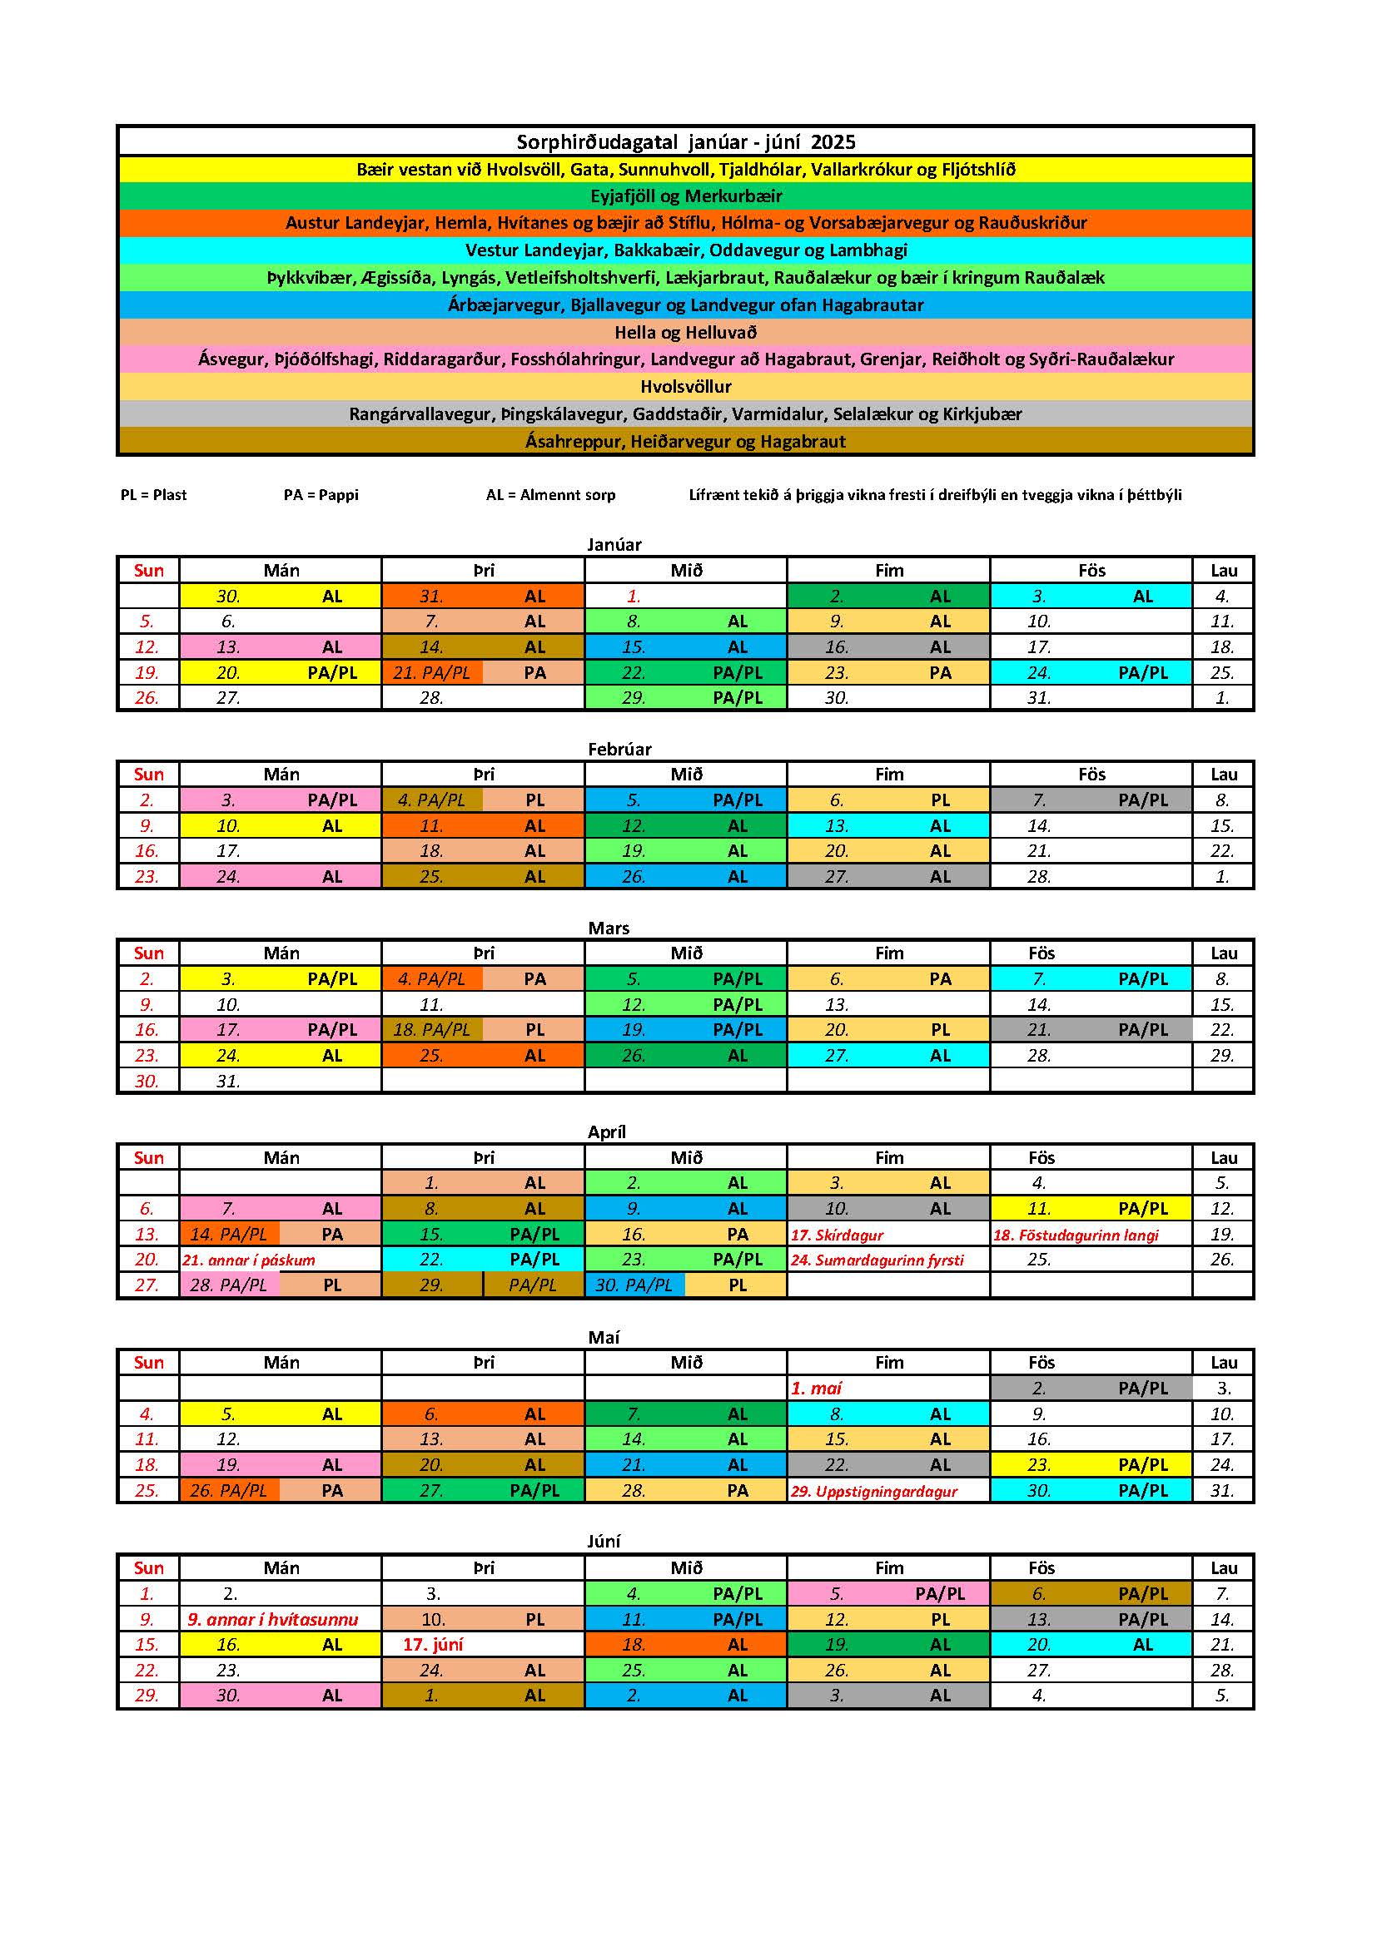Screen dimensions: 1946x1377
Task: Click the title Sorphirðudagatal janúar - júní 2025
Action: (685, 141)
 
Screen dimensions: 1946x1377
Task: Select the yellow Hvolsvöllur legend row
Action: (685, 387)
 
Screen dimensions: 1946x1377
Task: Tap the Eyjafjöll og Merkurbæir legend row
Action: (685, 196)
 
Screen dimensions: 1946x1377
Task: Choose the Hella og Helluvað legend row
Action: (685, 332)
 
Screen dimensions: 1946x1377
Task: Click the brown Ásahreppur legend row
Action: (685, 441)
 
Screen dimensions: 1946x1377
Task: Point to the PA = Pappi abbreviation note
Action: (321, 495)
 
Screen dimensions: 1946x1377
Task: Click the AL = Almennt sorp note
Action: (550, 495)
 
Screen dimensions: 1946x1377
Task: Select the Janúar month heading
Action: (614, 544)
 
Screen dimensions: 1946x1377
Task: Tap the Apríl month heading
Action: (606, 1131)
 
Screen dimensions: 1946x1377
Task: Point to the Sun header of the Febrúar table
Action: (148, 774)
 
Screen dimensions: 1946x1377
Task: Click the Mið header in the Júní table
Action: (686, 1568)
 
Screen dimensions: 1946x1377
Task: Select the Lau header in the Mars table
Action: (1223, 953)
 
